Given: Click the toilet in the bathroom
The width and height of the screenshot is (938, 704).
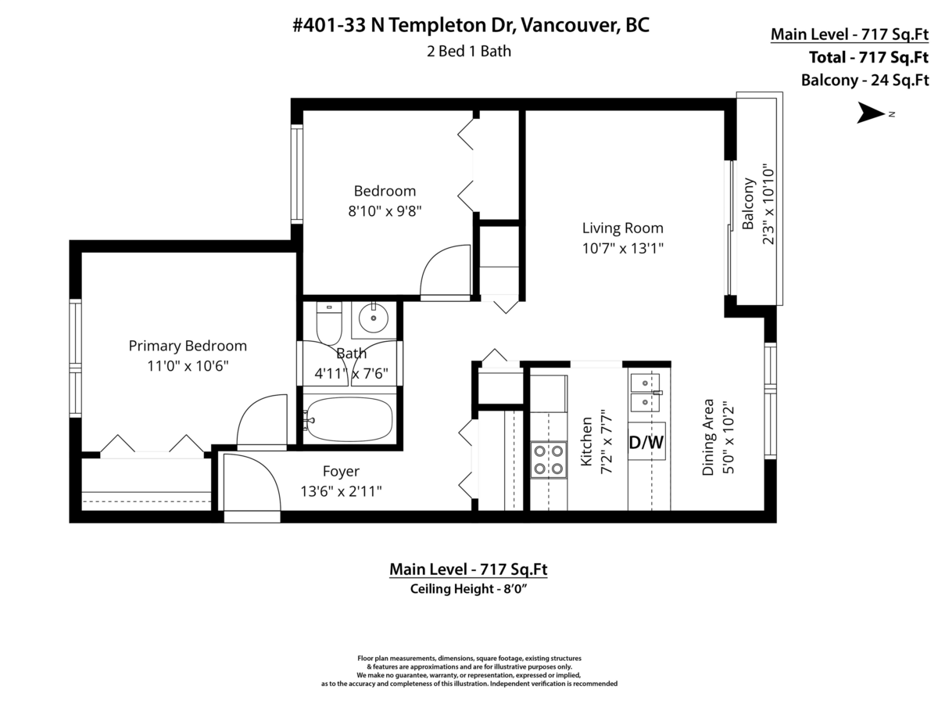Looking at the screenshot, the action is click(x=328, y=323).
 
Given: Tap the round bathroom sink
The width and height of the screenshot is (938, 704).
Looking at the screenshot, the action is click(x=373, y=318).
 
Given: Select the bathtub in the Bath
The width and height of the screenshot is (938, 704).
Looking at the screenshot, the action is click(x=349, y=420).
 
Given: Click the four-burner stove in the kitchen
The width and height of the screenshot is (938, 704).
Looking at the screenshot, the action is click(x=548, y=460).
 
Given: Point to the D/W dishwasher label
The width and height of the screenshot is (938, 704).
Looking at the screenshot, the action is click(x=646, y=443).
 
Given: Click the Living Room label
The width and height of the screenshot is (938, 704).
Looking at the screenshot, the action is click(x=622, y=228).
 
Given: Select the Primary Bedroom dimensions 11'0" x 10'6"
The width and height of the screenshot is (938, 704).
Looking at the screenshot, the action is click(x=188, y=366).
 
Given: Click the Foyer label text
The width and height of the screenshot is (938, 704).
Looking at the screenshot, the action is click(x=341, y=471).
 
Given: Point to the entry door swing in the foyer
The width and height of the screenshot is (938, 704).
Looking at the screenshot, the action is click(x=252, y=482).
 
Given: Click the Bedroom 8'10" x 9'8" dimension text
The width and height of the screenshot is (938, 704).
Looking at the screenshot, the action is click(x=385, y=211).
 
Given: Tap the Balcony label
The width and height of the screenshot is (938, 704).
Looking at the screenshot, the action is click(x=747, y=203).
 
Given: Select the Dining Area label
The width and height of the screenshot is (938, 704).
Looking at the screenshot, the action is click(x=707, y=436).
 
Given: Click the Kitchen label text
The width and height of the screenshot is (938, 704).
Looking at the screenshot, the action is click(x=586, y=441).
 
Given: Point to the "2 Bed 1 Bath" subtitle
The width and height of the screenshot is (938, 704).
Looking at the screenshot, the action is click(x=469, y=52).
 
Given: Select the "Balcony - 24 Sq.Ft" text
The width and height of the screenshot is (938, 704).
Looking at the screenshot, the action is click(x=865, y=81).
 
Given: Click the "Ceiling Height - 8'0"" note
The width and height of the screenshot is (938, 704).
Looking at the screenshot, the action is click(x=468, y=588).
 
